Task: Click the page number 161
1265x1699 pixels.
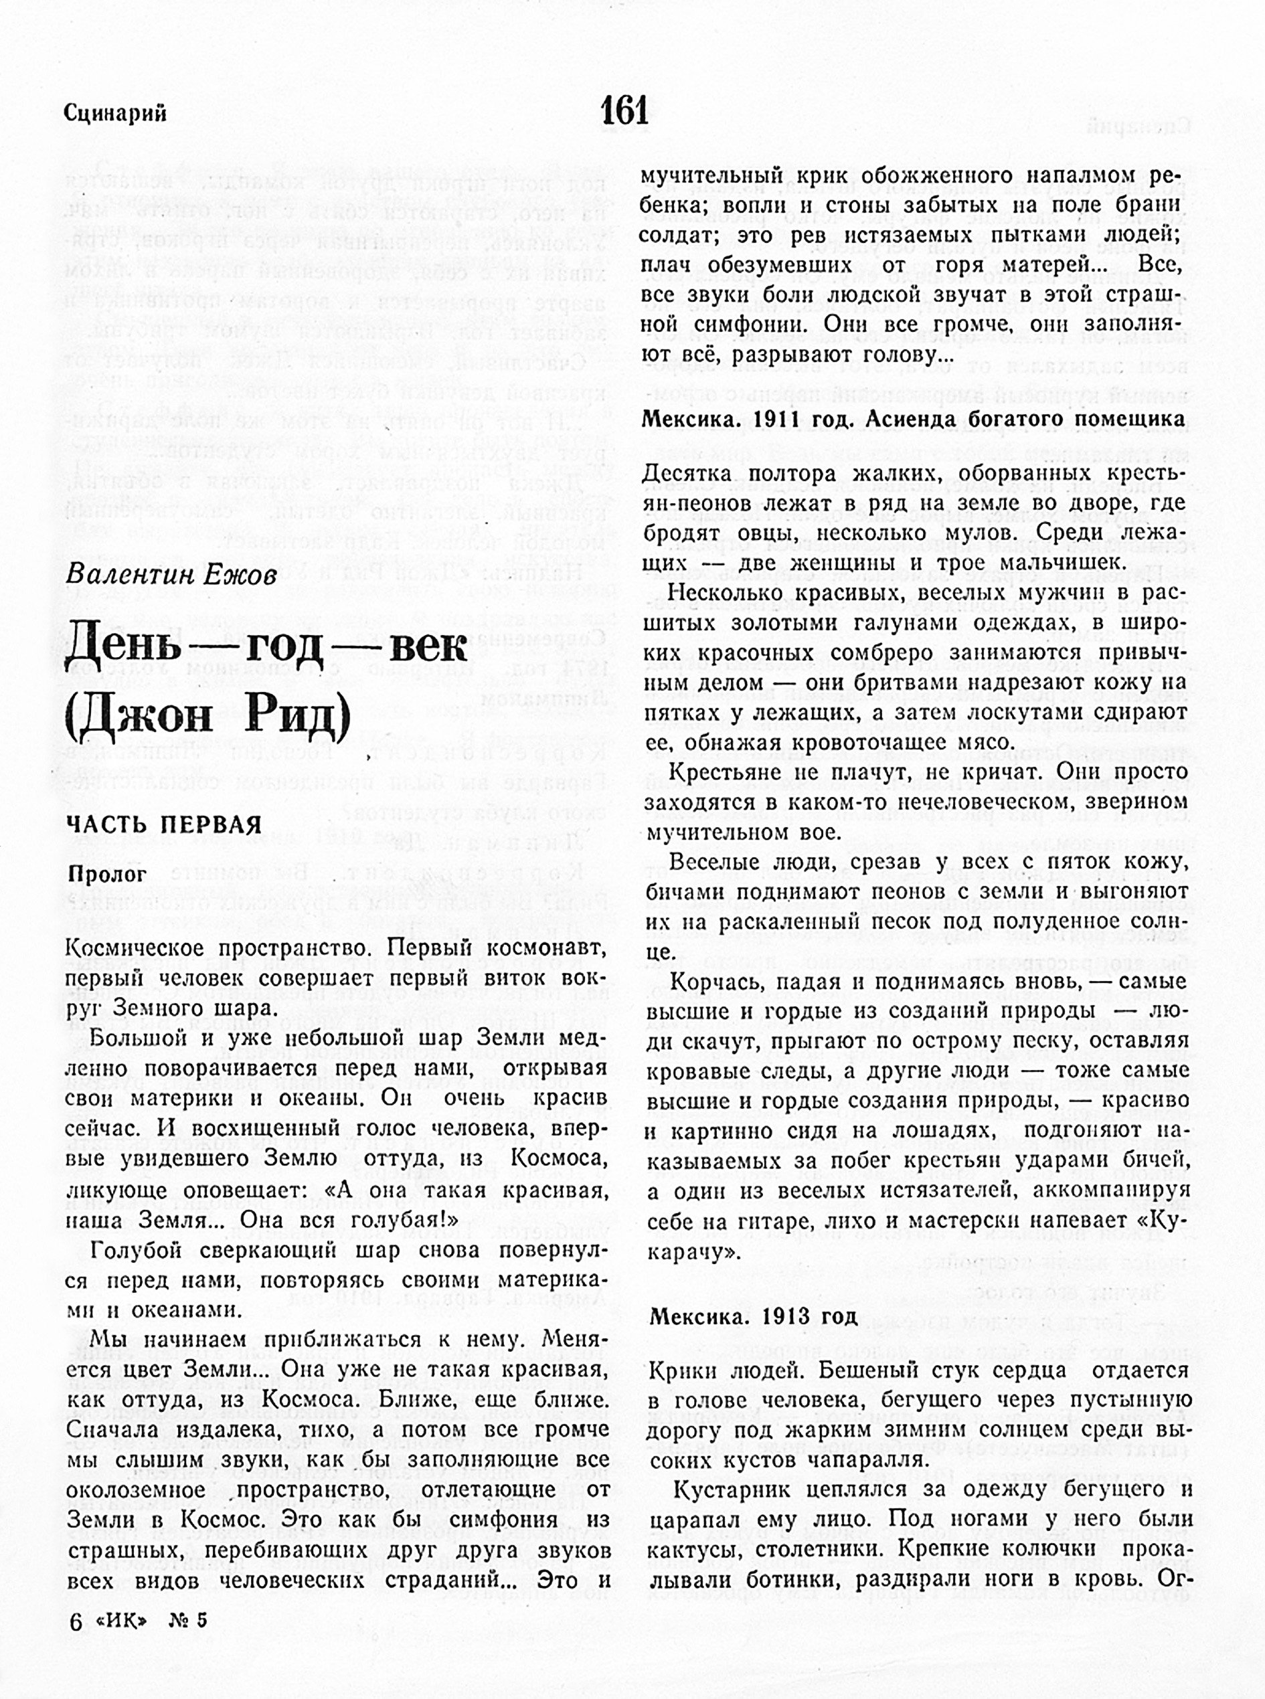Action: click(x=625, y=111)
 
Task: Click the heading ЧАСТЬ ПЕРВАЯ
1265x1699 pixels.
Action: click(x=164, y=824)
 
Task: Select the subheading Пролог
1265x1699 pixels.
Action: click(x=107, y=875)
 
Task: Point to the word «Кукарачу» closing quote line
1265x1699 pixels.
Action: click(x=693, y=1253)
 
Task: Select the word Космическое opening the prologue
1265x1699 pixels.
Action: click(x=133, y=949)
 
